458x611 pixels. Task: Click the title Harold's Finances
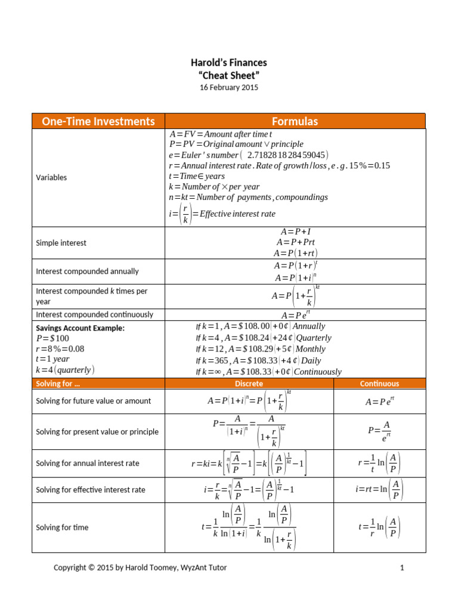pyautogui.click(x=229, y=63)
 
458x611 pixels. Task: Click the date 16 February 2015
pyautogui.click(x=229, y=87)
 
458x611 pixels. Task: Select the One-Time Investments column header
pyautogui.click(x=98, y=121)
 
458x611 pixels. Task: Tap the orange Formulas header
pyautogui.click(x=295, y=121)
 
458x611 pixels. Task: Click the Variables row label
pyautogui.click(x=52, y=177)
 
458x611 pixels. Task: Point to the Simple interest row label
pyautogui.click(x=61, y=243)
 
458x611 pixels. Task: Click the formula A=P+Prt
pyautogui.click(x=296, y=242)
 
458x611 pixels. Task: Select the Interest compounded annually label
pyautogui.click(x=88, y=271)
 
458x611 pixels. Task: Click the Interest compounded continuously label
pyautogui.click(x=95, y=314)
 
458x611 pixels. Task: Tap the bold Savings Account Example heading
pyautogui.click(x=81, y=328)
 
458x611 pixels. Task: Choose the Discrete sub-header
pyautogui.click(x=249, y=384)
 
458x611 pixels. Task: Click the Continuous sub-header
pyautogui.click(x=379, y=384)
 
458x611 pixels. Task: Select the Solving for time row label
pyautogui.click(x=63, y=527)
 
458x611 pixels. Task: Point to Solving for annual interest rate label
pyautogui.click(x=88, y=464)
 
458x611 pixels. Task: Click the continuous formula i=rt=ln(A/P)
pyautogui.click(x=379, y=489)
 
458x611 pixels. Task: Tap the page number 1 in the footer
pyautogui.click(x=402, y=568)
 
